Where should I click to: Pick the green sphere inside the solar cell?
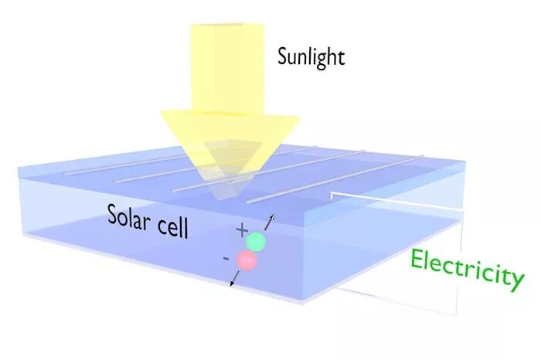point(256,242)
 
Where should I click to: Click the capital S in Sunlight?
point(283,55)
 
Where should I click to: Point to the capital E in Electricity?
point(417,260)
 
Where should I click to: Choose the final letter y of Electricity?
point(516,280)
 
